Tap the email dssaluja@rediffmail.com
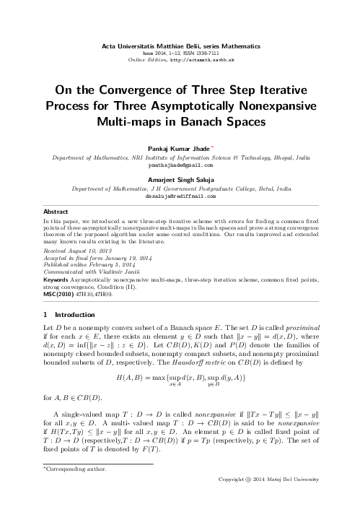pos(180,195)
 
